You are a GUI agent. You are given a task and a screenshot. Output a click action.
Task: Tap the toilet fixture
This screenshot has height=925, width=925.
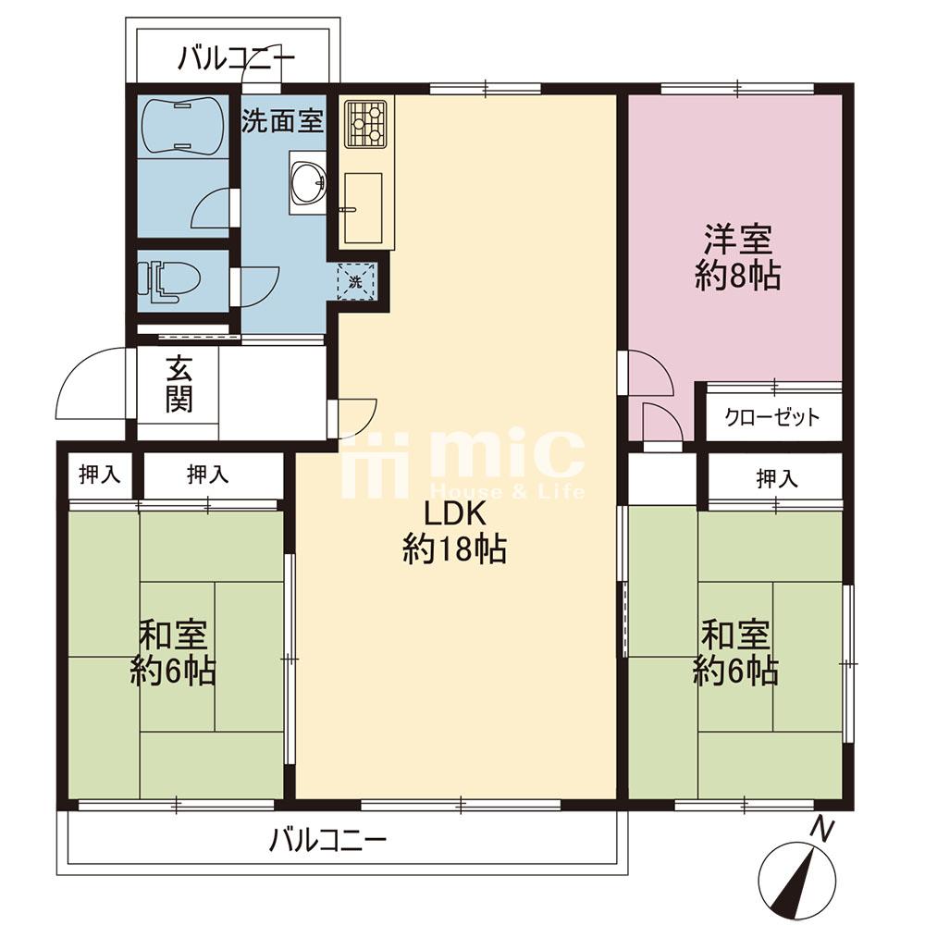(x=168, y=281)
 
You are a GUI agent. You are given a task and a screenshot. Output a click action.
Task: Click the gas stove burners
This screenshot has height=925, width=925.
(x=365, y=123)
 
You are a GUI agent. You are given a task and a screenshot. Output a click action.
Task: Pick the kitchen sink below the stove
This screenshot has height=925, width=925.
(x=364, y=207)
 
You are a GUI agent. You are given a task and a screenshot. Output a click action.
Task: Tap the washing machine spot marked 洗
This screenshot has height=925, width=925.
(x=356, y=282)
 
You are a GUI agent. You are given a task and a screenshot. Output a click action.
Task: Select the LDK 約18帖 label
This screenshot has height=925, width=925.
(x=454, y=532)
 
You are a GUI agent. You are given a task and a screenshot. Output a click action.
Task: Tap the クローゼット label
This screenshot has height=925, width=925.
(x=772, y=417)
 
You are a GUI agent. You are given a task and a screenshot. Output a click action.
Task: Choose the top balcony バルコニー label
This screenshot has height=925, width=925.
(x=236, y=58)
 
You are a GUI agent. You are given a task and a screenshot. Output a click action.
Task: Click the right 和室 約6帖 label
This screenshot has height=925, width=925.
(x=735, y=653)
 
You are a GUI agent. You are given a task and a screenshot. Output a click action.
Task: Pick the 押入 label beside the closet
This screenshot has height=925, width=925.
(x=777, y=479)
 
